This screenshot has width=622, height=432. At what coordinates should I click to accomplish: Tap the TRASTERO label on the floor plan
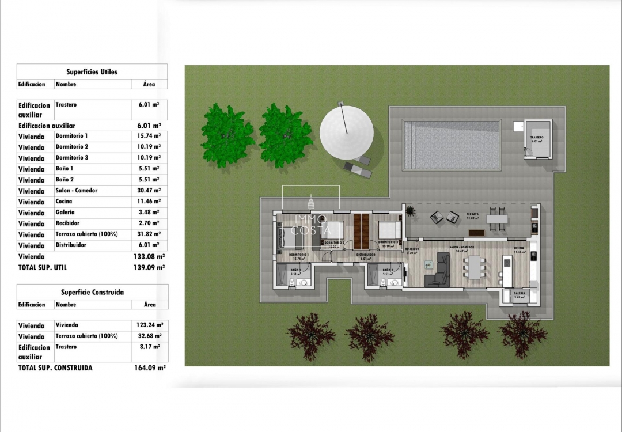coord(536,137)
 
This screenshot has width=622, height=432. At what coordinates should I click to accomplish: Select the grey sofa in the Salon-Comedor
coord(441,271)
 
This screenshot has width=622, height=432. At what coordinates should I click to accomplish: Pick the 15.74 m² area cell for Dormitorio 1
coord(149,136)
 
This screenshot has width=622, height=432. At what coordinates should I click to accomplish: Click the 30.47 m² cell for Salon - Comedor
coord(149,191)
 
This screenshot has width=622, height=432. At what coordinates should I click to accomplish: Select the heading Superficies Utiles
coord(92,72)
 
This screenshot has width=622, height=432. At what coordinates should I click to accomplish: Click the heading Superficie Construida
coord(92,292)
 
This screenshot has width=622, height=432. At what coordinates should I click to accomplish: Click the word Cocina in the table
coord(64,202)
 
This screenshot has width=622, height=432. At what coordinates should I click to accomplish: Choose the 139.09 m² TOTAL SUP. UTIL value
coord(149,267)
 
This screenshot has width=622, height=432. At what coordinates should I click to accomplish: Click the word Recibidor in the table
coord(67,223)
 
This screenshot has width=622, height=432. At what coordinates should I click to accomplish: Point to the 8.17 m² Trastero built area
coord(149,347)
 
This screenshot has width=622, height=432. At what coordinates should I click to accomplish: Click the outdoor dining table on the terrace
coord(496,219)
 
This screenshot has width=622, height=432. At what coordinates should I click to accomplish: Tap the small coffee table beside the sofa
coord(428,264)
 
